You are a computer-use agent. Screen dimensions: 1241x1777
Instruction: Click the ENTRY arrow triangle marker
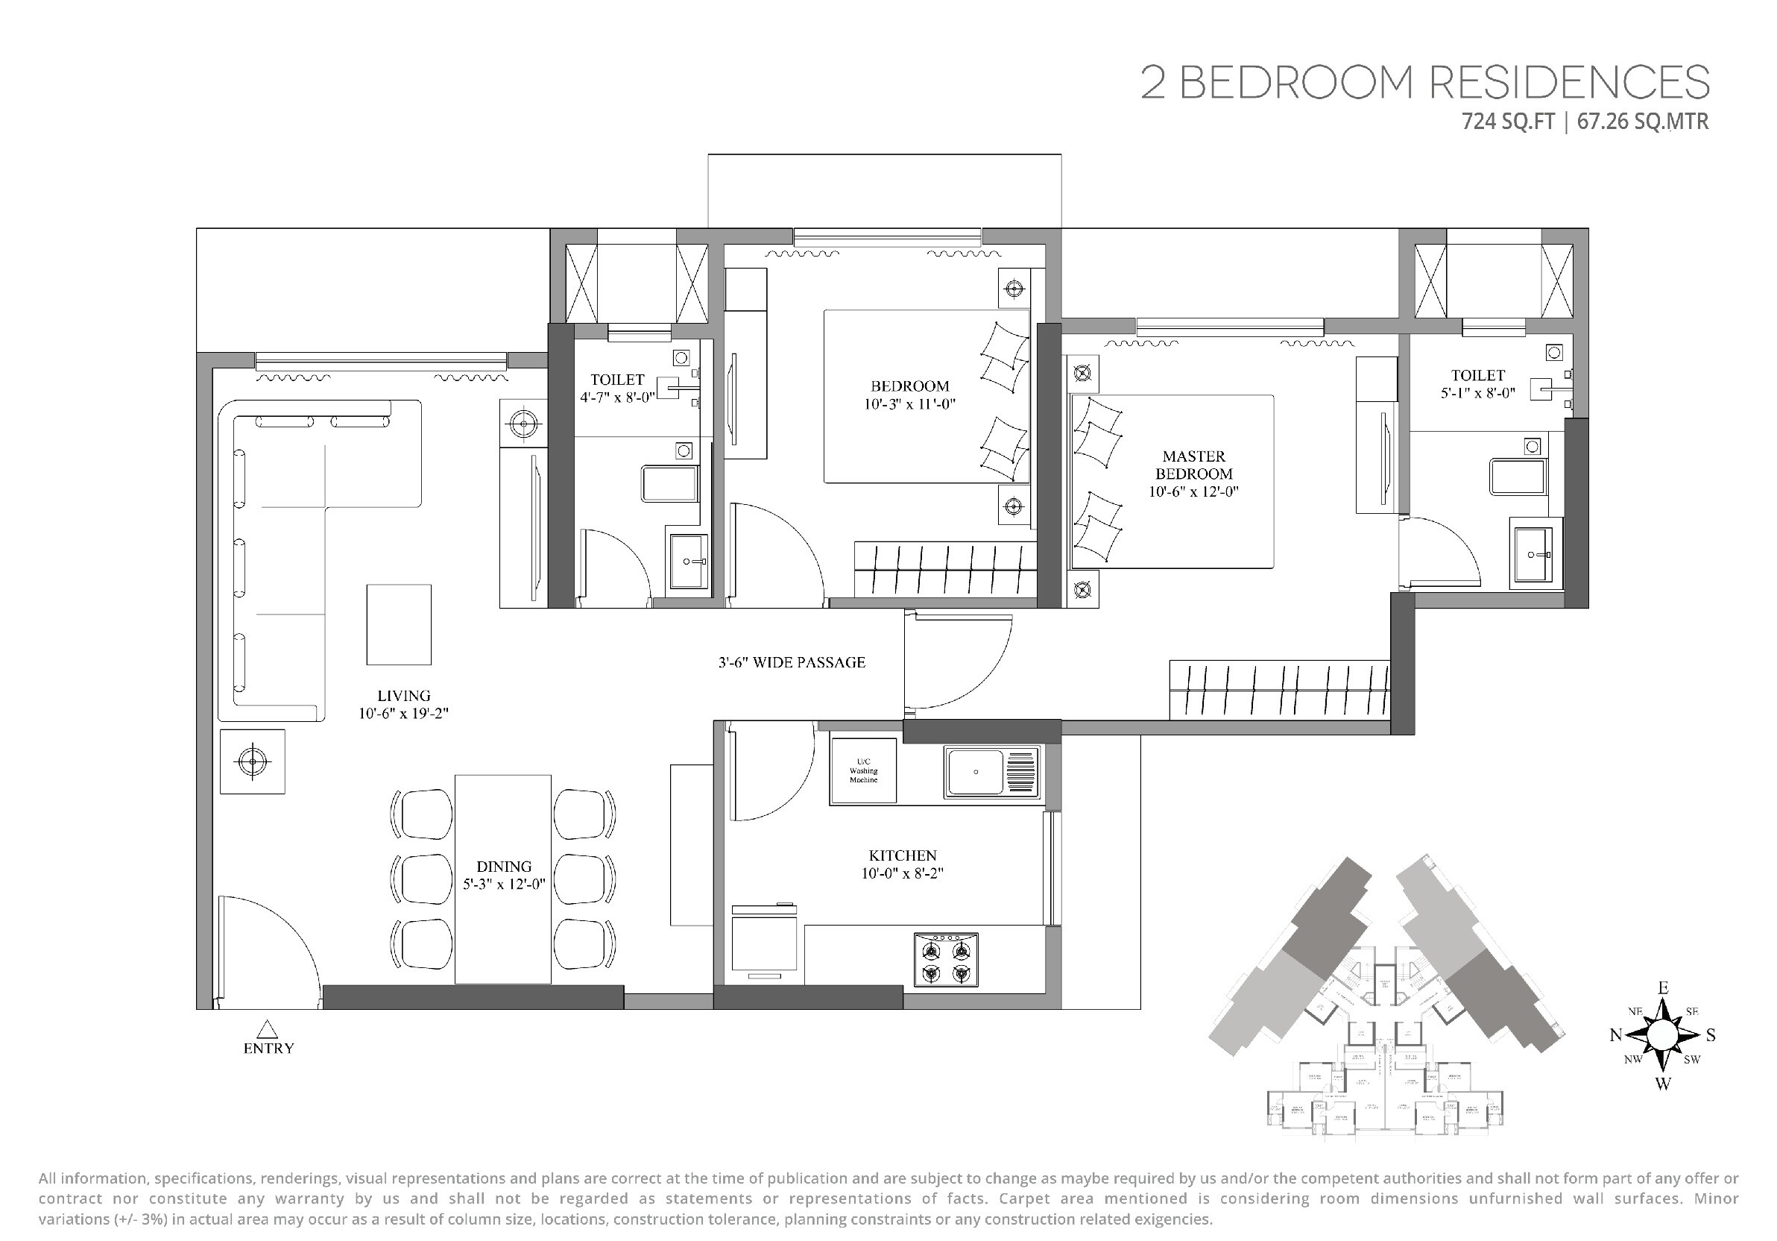click(267, 1029)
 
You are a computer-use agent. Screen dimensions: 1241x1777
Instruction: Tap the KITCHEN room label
click(903, 855)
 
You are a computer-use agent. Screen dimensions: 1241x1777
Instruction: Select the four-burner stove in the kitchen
click(946, 960)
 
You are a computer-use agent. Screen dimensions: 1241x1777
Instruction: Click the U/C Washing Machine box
click(863, 771)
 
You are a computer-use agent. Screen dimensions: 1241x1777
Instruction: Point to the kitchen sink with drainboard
click(991, 772)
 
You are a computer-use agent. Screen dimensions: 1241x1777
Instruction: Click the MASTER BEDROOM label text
click(1193, 465)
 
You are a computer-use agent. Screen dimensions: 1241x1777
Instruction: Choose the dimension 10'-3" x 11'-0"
click(910, 404)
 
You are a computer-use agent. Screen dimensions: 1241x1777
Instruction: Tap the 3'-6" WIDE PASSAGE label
click(791, 663)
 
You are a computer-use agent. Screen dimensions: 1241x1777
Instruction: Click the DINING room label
click(504, 867)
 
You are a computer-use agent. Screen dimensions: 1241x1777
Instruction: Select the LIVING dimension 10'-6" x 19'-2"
click(403, 714)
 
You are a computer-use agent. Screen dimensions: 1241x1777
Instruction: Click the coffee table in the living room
click(399, 625)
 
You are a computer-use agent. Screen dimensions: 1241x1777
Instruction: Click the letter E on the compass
click(1662, 989)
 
